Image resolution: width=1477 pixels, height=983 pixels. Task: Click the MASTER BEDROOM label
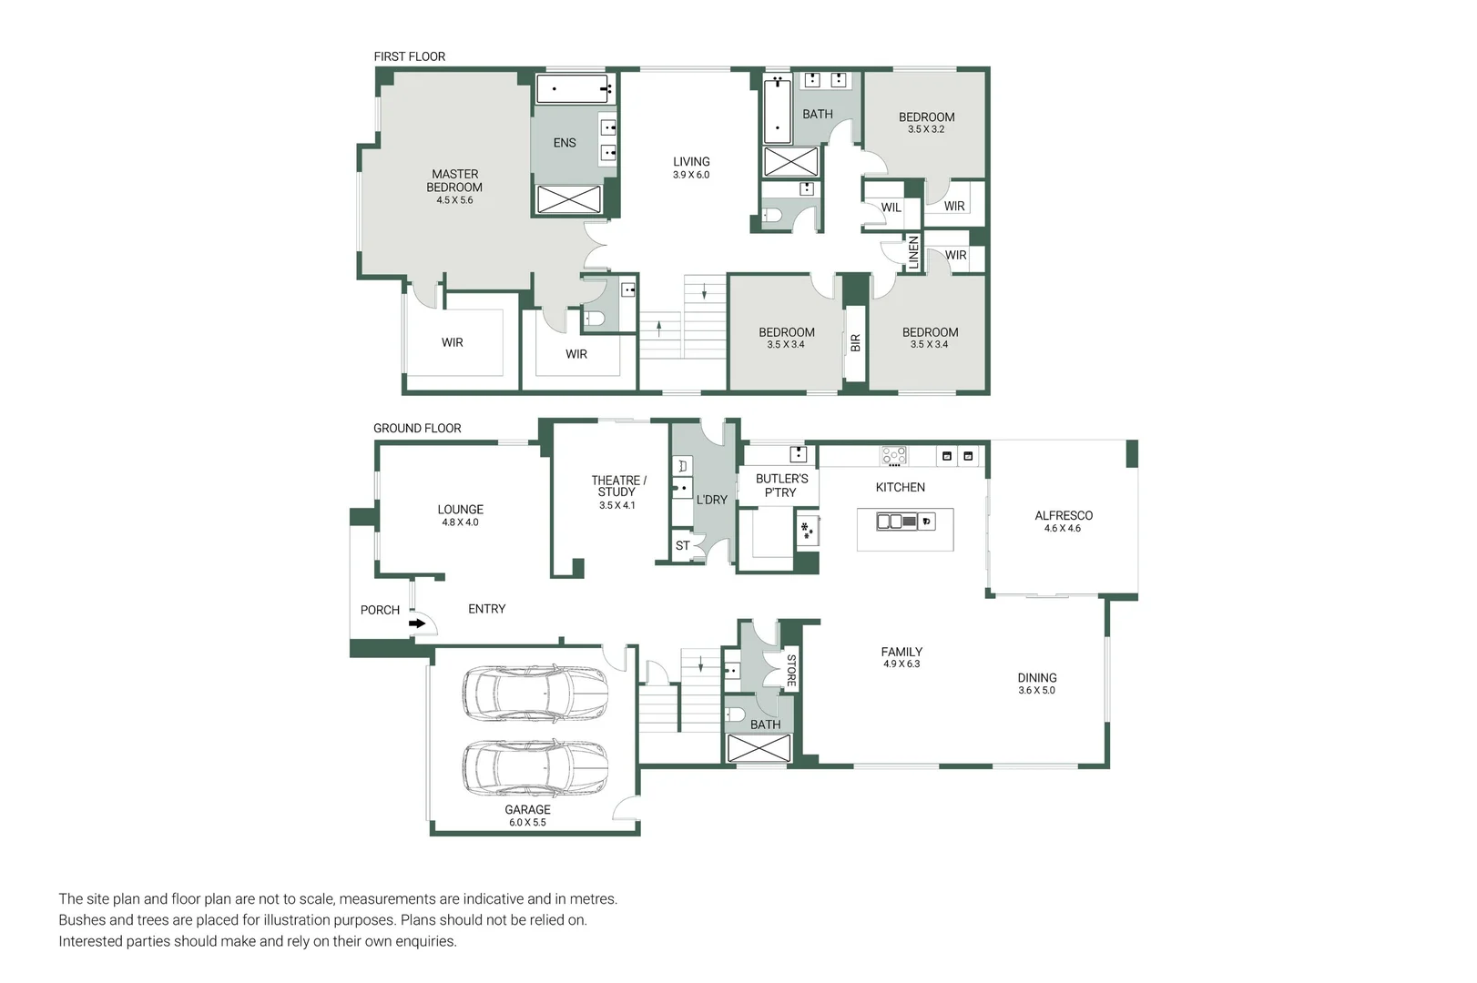click(x=454, y=180)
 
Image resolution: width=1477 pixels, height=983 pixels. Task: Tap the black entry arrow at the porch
click(x=417, y=623)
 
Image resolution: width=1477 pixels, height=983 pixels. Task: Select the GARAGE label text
click(x=527, y=809)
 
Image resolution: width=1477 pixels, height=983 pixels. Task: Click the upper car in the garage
click(x=535, y=693)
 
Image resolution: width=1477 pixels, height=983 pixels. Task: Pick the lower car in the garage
click(x=535, y=768)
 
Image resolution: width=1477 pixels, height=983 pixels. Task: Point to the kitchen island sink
click(x=897, y=522)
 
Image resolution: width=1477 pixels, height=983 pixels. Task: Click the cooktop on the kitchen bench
click(x=894, y=456)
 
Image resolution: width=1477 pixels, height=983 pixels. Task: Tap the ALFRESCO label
click(x=1064, y=515)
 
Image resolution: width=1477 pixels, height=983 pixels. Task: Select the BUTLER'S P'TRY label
click(x=781, y=486)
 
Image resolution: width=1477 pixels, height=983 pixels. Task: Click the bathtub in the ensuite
click(x=573, y=89)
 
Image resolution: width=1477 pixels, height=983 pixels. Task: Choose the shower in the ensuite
click(x=569, y=199)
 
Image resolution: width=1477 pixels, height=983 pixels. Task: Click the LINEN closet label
click(x=913, y=252)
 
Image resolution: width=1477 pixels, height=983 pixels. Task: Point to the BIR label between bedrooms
click(x=855, y=343)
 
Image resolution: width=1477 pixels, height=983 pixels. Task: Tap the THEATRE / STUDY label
click(x=618, y=486)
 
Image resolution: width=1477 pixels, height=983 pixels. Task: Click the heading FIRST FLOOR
click(x=410, y=56)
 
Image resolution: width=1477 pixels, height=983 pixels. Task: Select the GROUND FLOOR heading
click(x=417, y=428)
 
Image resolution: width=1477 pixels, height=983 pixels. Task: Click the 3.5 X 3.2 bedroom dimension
click(x=926, y=129)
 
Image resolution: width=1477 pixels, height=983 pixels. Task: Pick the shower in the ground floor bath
click(x=759, y=747)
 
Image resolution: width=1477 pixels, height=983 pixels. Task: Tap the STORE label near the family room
click(x=791, y=671)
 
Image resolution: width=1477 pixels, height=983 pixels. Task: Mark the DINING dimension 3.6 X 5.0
click(x=1036, y=690)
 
